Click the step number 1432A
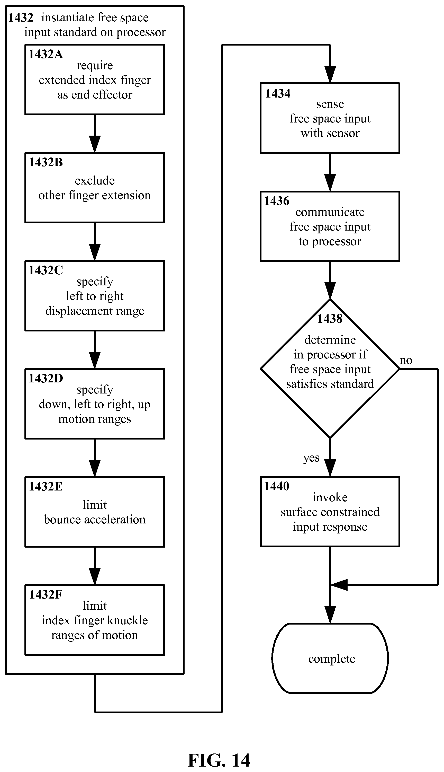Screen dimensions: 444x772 (x=46, y=54)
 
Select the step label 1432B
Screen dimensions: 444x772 (x=46, y=162)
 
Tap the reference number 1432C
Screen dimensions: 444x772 (x=46, y=270)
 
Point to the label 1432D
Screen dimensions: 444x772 (x=46, y=378)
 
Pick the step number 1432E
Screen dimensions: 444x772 (x=46, y=486)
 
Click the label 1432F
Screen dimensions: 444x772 (x=46, y=594)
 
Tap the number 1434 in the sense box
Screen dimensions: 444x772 (x=278, y=93)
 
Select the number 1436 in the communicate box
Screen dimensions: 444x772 (x=277, y=201)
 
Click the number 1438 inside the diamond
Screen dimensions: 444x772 (x=330, y=319)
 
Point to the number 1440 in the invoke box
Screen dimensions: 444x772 (x=277, y=486)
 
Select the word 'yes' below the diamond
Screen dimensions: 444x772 (x=311, y=458)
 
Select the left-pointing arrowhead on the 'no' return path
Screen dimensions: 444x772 (x=339, y=585)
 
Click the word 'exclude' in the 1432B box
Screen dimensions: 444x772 (x=95, y=181)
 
